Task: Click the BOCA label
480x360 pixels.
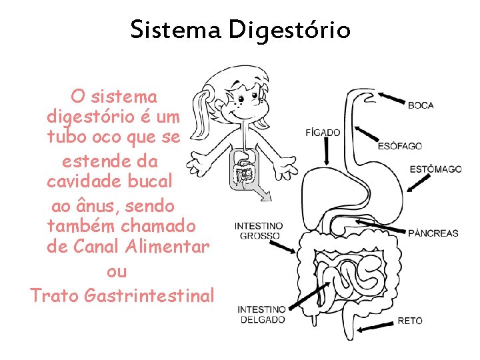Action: pos(421,105)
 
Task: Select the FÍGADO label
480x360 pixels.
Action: pos(323,133)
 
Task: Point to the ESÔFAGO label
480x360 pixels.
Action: pos(400,147)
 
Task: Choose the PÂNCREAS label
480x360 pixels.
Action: pos(433,233)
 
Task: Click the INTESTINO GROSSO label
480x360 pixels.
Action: pos(259,231)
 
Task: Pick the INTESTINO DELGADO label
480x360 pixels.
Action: pos(261,315)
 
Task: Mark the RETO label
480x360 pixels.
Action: pos(410,321)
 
